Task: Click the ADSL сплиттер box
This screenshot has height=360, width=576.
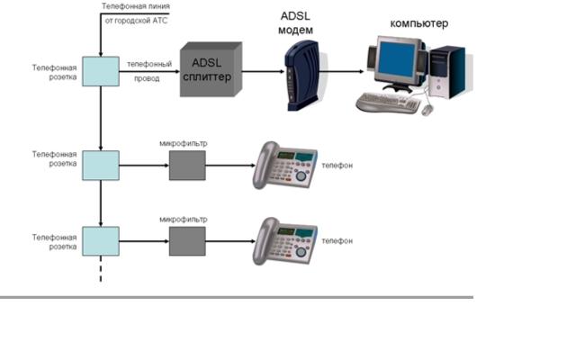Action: (211, 69)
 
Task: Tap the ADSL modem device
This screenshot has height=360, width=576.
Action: (301, 76)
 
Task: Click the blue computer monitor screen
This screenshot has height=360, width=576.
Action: (397, 58)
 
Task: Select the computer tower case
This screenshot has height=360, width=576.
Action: (447, 72)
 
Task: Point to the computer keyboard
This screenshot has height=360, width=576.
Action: (388, 103)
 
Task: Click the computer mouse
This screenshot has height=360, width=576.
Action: (427, 110)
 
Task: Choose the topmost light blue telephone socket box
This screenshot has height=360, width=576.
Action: (101, 71)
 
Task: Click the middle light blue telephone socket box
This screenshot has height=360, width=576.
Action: (101, 166)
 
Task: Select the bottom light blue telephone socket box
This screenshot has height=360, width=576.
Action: (101, 241)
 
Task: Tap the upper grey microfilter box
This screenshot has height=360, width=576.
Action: (187, 166)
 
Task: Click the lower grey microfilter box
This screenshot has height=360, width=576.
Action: (187, 241)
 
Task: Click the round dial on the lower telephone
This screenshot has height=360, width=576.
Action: (301, 252)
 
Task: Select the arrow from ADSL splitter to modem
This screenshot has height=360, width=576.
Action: (264, 71)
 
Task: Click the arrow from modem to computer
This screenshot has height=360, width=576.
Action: (342, 71)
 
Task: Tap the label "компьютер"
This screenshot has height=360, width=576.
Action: (419, 23)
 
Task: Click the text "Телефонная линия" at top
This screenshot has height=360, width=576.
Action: (136, 6)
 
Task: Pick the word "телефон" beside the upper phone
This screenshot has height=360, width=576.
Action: (337, 166)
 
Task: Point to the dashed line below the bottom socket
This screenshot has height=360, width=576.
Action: (101, 269)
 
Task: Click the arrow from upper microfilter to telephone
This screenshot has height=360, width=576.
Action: (230, 166)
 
